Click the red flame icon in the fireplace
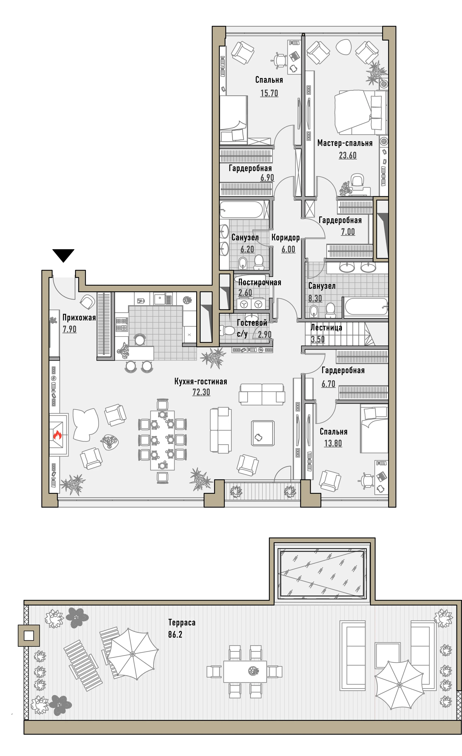pyautogui.click(x=57, y=434)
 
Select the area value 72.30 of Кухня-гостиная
pyautogui.click(x=201, y=392)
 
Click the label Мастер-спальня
pyautogui.click(x=345, y=143)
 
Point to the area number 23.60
pyautogui.click(x=348, y=155)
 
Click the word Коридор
pyautogui.click(x=286, y=238)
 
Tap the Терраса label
pyautogui.click(x=182, y=623)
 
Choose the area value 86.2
pyautogui.click(x=175, y=634)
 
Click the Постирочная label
pyautogui.click(x=260, y=282)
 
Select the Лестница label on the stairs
pyautogui.click(x=327, y=327)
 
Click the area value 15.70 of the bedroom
pyautogui.click(x=269, y=93)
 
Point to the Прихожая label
pyautogui.click(x=79, y=317)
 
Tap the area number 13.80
pyautogui.click(x=333, y=443)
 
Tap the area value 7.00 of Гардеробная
pyautogui.click(x=348, y=232)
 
